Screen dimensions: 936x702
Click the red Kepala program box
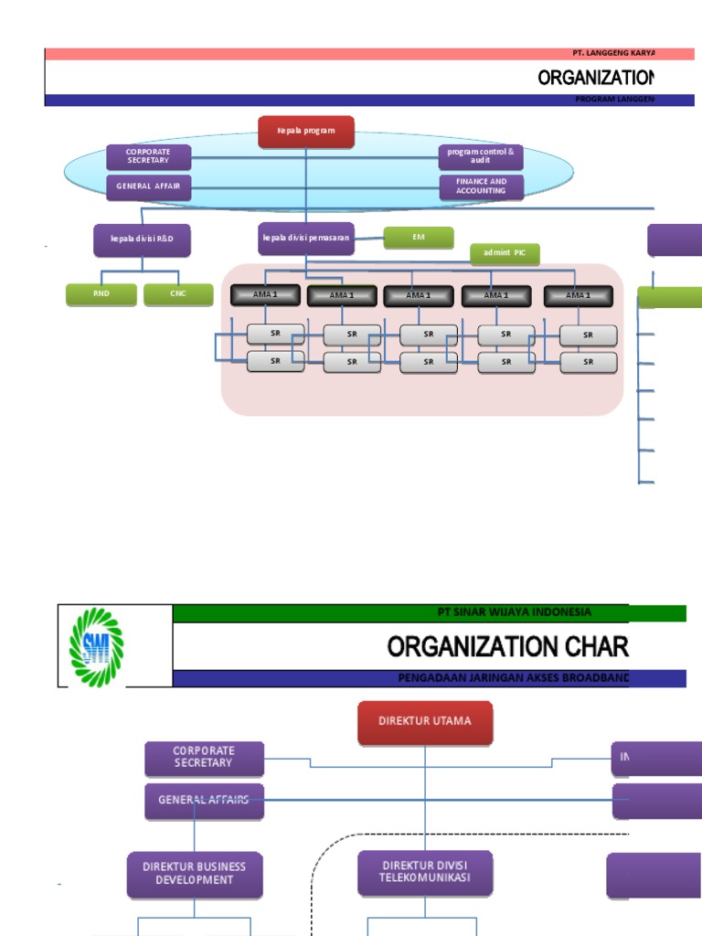(306, 132)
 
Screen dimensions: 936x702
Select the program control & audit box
(481, 156)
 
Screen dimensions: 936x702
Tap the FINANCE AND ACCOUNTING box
(481, 186)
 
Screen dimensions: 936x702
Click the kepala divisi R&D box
(142, 239)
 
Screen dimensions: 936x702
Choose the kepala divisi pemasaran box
(306, 239)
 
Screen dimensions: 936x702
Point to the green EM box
(419, 238)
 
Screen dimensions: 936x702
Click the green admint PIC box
(505, 254)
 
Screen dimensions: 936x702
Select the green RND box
(101, 294)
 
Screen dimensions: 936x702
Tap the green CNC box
(178, 294)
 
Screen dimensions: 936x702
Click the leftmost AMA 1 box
(265, 295)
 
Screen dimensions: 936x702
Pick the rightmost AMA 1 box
(578, 295)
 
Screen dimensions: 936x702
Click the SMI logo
(96, 645)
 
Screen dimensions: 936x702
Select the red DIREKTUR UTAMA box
(425, 722)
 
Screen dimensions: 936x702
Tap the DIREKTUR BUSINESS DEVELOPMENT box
(195, 874)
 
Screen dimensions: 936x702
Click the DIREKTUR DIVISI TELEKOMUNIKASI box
(425, 873)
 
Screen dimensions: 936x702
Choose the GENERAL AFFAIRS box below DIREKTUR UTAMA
(204, 800)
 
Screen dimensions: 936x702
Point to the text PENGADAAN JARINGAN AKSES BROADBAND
(513, 678)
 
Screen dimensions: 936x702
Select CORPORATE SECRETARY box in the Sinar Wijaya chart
(204, 758)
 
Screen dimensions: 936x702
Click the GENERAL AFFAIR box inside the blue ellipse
(148, 186)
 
